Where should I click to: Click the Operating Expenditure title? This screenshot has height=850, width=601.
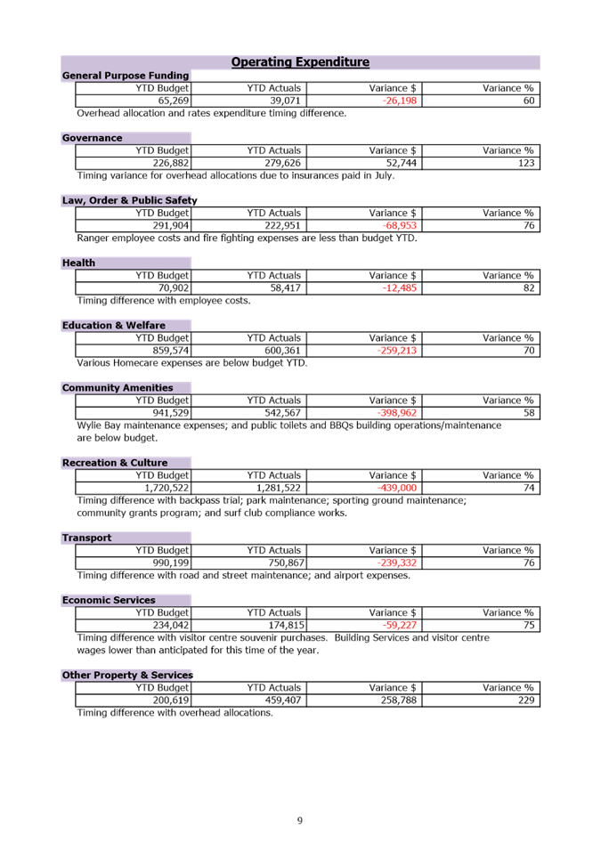tap(300, 62)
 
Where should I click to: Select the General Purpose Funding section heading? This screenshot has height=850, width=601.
tap(126, 77)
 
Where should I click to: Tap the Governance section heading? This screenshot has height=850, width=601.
tap(93, 139)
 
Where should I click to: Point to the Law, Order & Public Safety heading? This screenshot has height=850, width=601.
tap(130, 201)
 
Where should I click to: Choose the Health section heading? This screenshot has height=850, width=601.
tap(78, 263)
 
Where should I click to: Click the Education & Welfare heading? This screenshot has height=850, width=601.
tap(114, 326)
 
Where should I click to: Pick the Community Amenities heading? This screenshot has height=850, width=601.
tap(117, 388)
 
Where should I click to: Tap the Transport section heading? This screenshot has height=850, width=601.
tap(87, 538)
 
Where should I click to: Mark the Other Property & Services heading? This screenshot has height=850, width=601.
tap(127, 676)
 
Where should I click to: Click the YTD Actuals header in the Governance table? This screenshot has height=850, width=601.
tap(274, 151)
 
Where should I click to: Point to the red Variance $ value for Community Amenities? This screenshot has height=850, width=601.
tap(397, 413)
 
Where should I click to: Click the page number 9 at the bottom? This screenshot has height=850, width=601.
tap(300, 821)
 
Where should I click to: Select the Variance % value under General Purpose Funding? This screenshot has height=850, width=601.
tap(529, 101)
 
